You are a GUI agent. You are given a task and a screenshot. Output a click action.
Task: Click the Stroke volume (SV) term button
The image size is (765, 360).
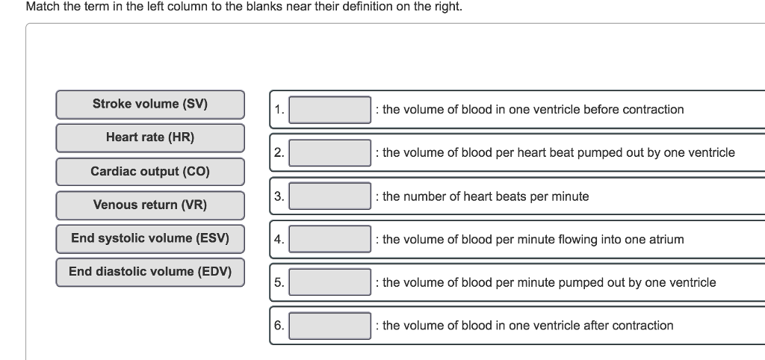(150, 104)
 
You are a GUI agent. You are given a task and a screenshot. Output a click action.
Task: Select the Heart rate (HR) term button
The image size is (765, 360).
(150, 137)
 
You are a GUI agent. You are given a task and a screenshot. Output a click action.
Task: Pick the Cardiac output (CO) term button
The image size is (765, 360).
(150, 171)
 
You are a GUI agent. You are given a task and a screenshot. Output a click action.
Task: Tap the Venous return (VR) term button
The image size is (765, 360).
(150, 205)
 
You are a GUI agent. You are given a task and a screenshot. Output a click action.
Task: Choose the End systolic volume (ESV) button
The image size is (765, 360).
(150, 238)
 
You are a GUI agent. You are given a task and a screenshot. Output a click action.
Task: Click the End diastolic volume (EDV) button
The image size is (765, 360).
(150, 271)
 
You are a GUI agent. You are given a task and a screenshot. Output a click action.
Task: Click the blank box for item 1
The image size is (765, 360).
(329, 110)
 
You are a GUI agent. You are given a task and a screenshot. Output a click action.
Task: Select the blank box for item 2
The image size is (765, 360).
(329, 153)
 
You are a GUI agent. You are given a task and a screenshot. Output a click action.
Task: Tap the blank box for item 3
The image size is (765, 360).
(329, 196)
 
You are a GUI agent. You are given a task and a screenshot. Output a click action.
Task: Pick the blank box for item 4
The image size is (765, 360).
(329, 240)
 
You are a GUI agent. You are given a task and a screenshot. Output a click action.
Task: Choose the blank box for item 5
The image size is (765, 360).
(329, 282)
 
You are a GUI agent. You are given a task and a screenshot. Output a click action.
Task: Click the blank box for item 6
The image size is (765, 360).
(329, 326)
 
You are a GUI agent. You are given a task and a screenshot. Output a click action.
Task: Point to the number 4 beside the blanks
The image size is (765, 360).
(278, 240)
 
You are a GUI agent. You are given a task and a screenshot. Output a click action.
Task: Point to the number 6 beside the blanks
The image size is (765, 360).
(278, 326)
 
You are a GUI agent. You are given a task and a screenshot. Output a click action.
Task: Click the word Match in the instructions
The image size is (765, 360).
(43, 7)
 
